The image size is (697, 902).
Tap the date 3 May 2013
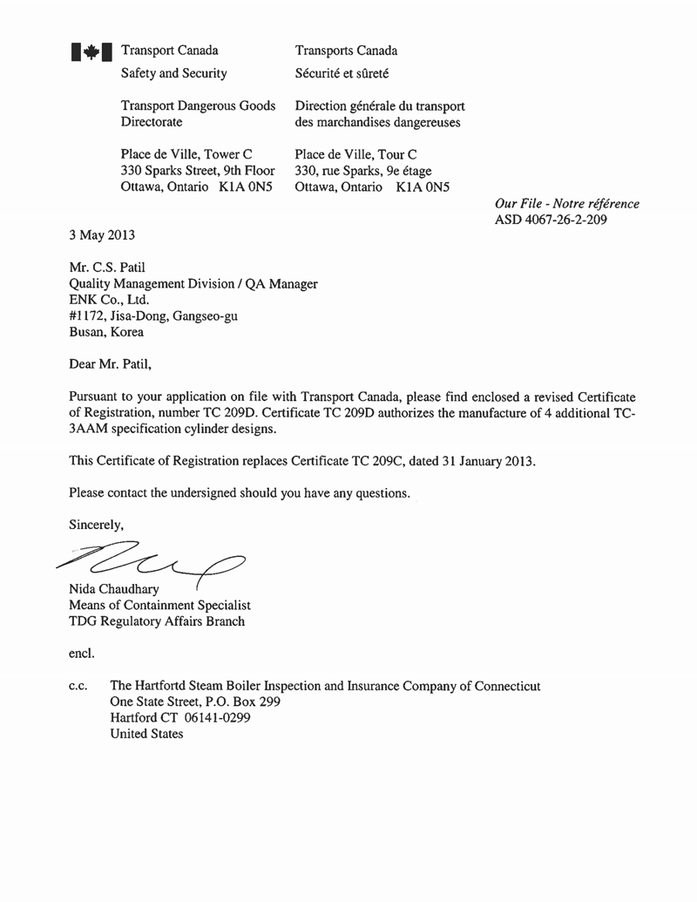[x=102, y=235]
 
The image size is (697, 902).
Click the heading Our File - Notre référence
[x=566, y=204]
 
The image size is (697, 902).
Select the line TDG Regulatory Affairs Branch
[x=157, y=621]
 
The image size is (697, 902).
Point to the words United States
[x=147, y=734]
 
